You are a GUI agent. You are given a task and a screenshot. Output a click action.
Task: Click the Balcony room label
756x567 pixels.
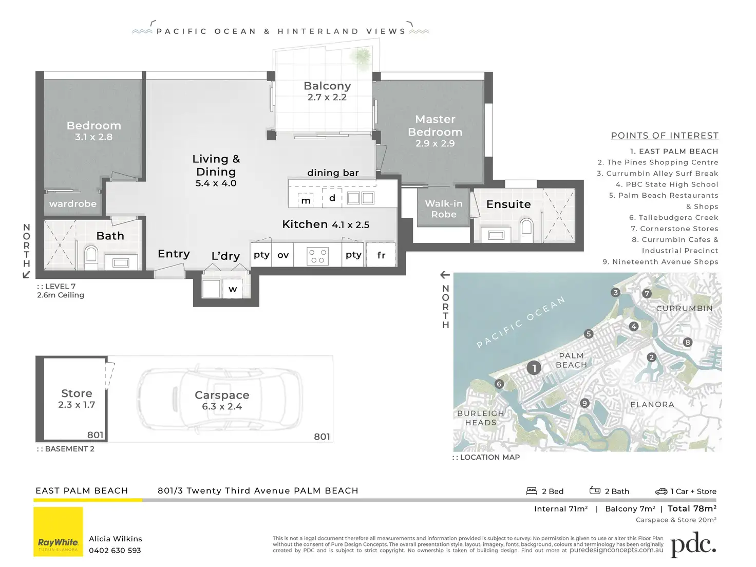(x=327, y=86)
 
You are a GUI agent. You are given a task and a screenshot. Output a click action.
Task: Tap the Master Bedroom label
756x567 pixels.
(x=435, y=126)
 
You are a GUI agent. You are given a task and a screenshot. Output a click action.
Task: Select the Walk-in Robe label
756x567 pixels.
(x=444, y=209)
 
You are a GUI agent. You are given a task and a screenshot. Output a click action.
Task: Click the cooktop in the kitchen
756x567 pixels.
(x=317, y=255)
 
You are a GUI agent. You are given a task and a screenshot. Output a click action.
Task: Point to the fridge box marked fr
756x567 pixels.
(x=381, y=255)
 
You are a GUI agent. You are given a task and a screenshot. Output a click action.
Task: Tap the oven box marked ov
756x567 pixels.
(x=283, y=255)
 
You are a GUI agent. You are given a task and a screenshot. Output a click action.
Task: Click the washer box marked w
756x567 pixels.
(x=233, y=289)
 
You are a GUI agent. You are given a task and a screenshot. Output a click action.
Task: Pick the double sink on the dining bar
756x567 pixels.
(x=360, y=198)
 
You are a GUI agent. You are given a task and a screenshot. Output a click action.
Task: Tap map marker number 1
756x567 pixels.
(x=534, y=368)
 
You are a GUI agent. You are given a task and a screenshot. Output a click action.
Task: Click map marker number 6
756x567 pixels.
(x=499, y=384)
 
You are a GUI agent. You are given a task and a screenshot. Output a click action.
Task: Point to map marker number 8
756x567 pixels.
(x=688, y=342)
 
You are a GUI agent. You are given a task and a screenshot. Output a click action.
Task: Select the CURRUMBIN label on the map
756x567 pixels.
(x=685, y=309)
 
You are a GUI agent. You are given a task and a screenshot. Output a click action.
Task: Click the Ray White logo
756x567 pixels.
(x=58, y=532)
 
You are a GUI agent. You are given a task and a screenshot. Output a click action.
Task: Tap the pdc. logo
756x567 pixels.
(x=693, y=544)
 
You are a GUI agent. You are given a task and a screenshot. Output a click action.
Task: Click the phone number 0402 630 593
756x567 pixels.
(x=115, y=551)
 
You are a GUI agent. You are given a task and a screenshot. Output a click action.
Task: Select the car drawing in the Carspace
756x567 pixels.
(x=220, y=399)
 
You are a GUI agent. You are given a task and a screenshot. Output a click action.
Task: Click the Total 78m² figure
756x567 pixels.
(x=692, y=508)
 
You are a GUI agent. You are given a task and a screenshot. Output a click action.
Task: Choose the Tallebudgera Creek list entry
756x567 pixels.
(x=674, y=218)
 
